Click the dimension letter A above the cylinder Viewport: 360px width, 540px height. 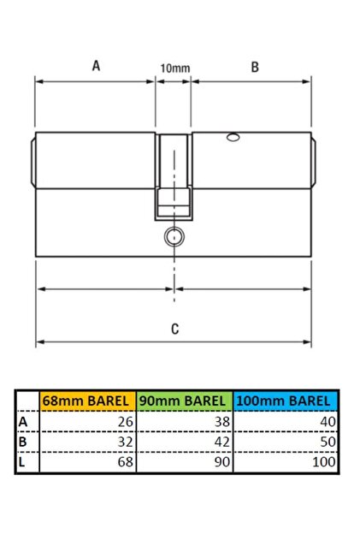[x=96, y=65]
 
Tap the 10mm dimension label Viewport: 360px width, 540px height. [x=174, y=68]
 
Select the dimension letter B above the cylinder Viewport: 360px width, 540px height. [x=255, y=67]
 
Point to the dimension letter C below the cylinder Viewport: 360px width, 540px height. [x=174, y=329]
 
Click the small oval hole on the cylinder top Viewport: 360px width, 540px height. [x=233, y=138]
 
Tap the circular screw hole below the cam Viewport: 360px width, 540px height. [x=174, y=237]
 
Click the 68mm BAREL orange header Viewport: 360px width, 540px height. [x=88, y=401]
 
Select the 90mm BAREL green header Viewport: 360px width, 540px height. [x=185, y=401]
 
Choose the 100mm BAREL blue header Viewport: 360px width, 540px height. [x=286, y=401]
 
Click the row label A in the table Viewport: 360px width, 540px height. [x=23, y=422]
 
